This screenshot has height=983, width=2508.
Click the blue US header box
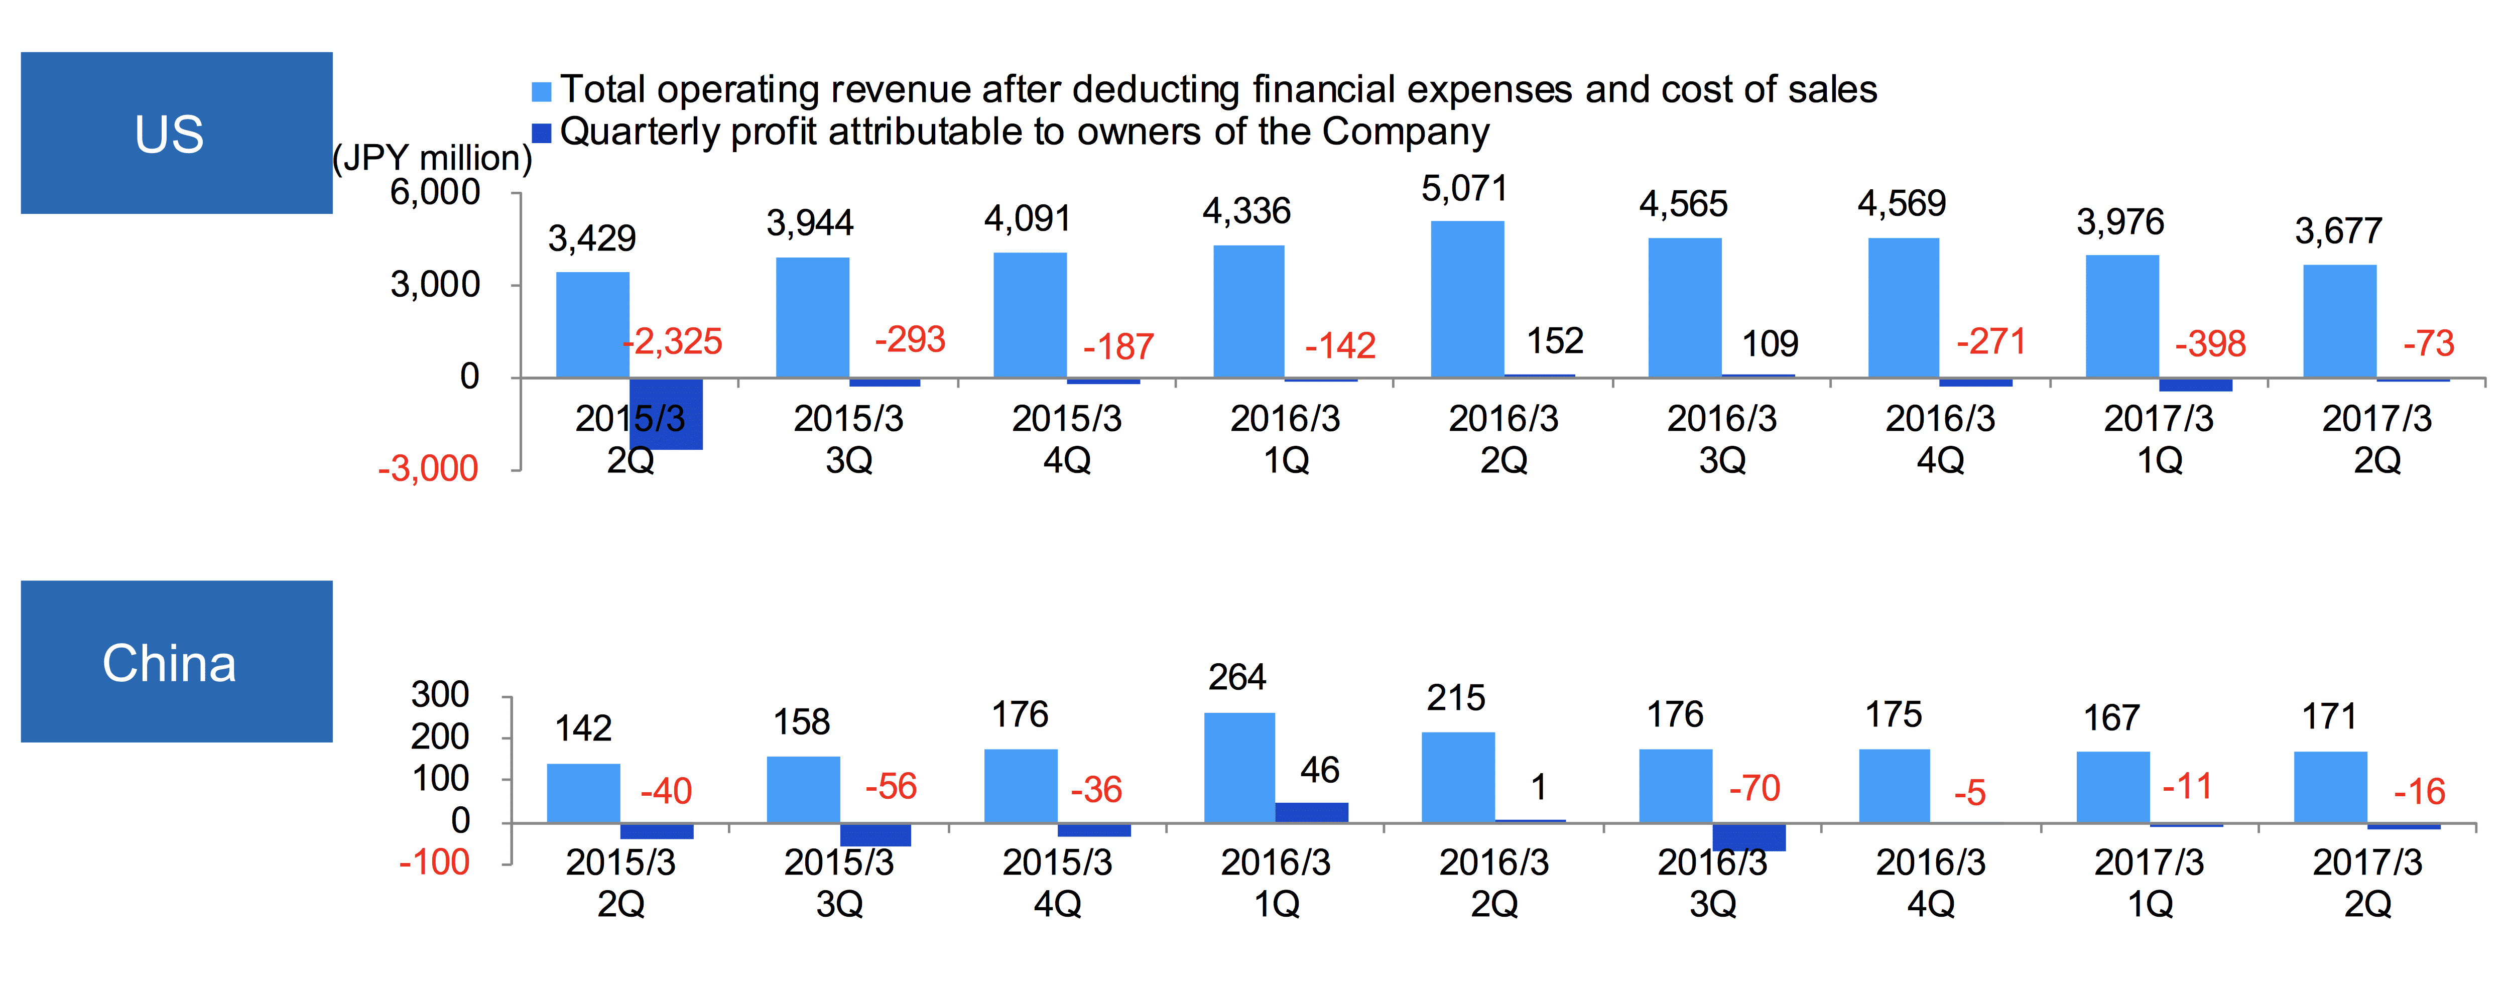click(x=176, y=134)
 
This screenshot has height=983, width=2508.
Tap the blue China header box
click(x=176, y=662)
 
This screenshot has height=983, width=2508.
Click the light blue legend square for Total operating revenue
click(x=541, y=91)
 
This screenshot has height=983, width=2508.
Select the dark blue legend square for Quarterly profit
click(x=541, y=133)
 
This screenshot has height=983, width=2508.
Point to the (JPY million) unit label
click(x=432, y=158)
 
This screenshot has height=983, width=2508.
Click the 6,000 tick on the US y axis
click(x=435, y=193)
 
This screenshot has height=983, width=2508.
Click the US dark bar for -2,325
click(x=666, y=414)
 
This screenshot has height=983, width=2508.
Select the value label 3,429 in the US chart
click(x=592, y=238)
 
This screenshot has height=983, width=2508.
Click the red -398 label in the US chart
click(x=2210, y=343)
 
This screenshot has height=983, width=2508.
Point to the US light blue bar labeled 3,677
click(x=2339, y=321)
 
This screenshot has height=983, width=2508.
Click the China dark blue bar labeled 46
click(x=1311, y=813)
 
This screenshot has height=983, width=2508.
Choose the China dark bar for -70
click(x=1749, y=837)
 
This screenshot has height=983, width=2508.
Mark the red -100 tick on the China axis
click(x=434, y=863)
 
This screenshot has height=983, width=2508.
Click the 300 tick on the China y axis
click(x=440, y=695)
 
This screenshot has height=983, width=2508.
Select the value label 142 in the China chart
click(x=583, y=728)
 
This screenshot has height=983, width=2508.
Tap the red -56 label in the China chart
click(x=891, y=786)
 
